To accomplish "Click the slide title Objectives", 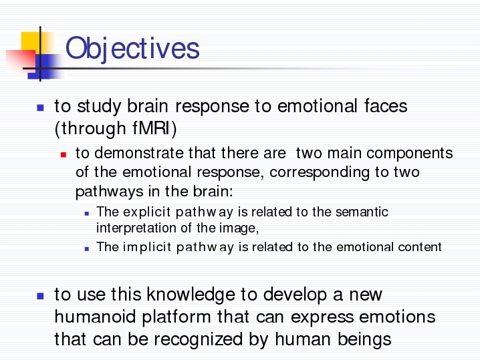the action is pos(132,48).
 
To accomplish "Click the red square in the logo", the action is pos(21,61).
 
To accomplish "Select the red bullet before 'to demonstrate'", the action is pos(64,155).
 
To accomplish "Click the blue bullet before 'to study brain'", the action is pos(40,108).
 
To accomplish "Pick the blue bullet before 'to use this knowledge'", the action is pos(40,296).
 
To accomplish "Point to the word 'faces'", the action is pos(386,106).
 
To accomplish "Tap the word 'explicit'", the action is pos(146,212).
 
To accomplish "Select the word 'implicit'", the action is pos(146,247).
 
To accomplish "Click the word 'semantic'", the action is pos(362,212).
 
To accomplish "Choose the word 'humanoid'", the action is pos(95,317).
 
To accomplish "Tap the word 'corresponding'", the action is pos(320,173).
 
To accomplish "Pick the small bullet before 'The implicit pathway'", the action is pos(87,249).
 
